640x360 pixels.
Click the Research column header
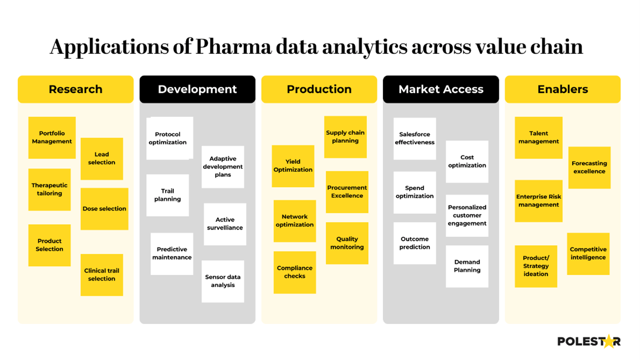[75, 89]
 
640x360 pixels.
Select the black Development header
[197, 89]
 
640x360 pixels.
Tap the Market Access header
[441, 89]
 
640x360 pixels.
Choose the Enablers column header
[562, 89]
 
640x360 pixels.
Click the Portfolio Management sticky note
[52, 137]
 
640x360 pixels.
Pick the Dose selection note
[104, 209]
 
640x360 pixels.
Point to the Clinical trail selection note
[101, 275]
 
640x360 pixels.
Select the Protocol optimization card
[169, 138]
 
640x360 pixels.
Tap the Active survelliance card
[225, 224]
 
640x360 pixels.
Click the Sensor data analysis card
[223, 281]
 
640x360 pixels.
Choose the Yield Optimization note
[293, 165]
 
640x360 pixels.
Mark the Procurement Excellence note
[347, 192]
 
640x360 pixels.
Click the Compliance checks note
[294, 272]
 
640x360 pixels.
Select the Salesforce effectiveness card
[415, 139]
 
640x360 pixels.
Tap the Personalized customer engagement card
[467, 216]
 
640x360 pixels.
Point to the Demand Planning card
[467, 266]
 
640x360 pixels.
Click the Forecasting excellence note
[589, 167]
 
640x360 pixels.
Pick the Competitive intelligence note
[588, 253]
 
